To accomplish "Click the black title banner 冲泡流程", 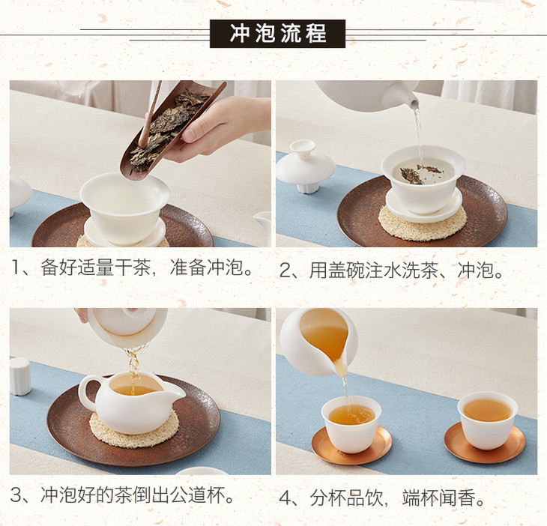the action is pyautogui.click(x=277, y=34).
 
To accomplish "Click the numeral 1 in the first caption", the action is pyautogui.click(x=16, y=268).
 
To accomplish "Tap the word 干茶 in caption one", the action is pyautogui.click(x=133, y=267).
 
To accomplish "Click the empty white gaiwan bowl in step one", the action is pyautogui.click(x=124, y=207).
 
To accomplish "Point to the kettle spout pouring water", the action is pyautogui.click(x=411, y=100).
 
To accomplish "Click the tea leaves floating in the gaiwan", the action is pyautogui.click(x=420, y=173).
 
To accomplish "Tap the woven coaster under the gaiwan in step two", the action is pyautogui.click(x=422, y=223).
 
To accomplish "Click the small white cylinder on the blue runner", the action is pyautogui.click(x=20, y=376).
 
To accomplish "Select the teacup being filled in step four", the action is pyautogui.click(x=351, y=424).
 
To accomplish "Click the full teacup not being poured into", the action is pyautogui.click(x=487, y=420).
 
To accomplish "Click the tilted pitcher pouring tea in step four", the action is pyautogui.click(x=318, y=342).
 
